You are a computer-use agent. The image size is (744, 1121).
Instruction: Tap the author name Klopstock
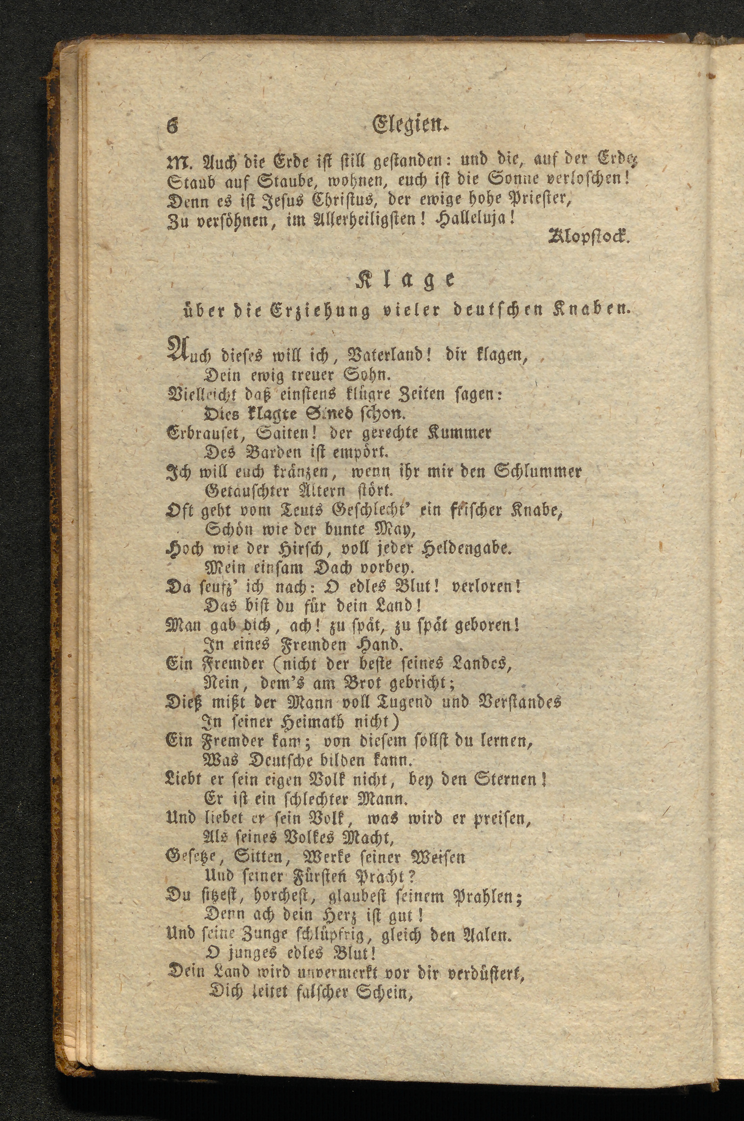coord(588,235)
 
